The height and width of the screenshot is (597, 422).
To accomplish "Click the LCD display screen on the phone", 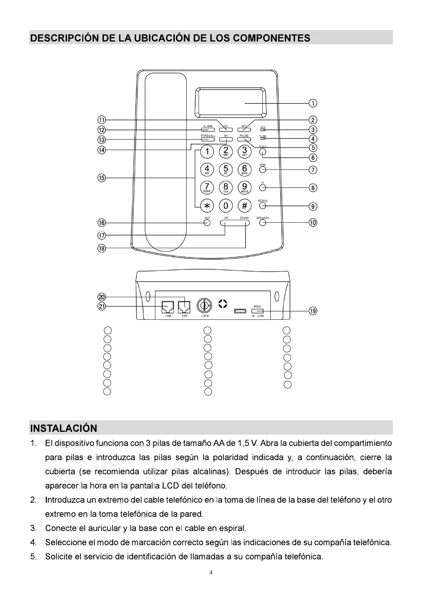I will pos(230,102).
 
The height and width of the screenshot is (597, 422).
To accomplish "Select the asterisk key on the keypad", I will pos(207,205).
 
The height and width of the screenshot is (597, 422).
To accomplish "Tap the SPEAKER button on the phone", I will pos(263,223).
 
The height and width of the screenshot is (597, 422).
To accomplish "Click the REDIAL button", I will pos(263,205).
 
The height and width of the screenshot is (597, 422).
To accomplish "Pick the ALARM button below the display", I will pos(207,130).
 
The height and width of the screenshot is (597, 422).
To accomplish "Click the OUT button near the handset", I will pos(207,223).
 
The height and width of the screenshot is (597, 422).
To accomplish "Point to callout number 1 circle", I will pos(313,103).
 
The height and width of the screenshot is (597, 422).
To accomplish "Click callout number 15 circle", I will pos(102,178).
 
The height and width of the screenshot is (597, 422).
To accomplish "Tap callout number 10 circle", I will pos(313,223).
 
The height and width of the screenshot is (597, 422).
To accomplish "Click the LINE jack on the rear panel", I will pos(168,307).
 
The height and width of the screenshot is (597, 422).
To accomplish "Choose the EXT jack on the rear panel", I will pos(184,307).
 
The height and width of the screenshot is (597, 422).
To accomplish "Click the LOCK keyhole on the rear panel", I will pos(205,305).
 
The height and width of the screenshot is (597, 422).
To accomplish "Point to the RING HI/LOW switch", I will pos(257,311).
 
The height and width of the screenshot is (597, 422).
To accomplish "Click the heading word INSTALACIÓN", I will pos(64,428).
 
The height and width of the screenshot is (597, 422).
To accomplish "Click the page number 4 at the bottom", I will pos(211,572).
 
